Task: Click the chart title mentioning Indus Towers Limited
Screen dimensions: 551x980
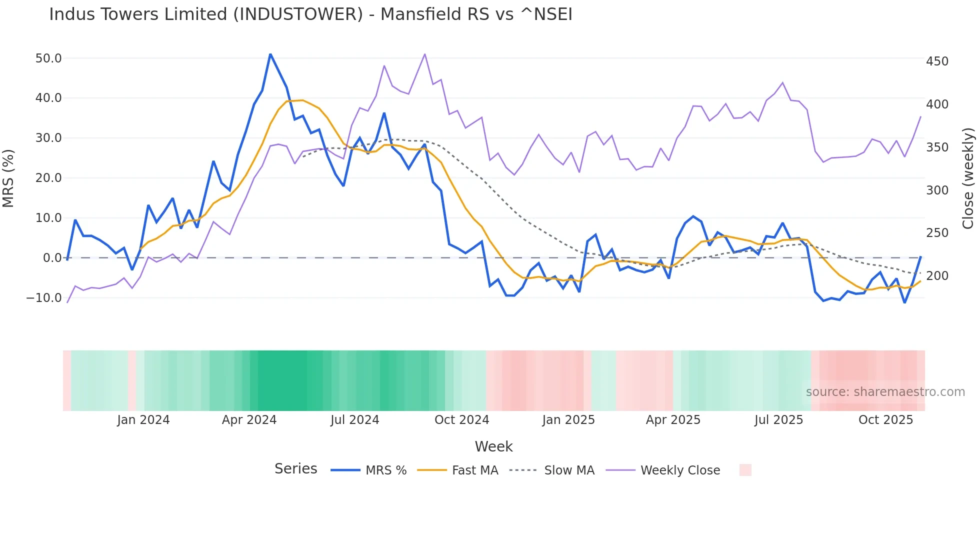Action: coord(310,14)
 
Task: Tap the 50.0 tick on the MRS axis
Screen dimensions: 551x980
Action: coord(48,58)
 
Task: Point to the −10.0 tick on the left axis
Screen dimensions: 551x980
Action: coord(44,298)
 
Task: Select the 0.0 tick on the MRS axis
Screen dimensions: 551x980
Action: coord(52,258)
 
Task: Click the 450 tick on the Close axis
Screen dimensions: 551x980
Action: coord(937,61)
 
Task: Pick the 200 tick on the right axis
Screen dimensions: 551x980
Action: coord(937,276)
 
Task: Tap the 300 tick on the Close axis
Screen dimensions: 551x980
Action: coord(937,190)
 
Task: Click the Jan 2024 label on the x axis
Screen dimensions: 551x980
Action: coord(143,420)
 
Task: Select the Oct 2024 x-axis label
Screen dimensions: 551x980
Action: coord(461,420)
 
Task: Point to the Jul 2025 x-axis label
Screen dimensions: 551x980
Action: coord(778,420)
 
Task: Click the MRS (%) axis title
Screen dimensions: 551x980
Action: coord(8,178)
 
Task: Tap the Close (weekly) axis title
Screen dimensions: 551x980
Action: coord(968,178)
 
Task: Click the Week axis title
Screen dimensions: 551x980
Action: coord(493,446)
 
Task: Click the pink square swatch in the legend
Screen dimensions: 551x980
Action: coord(745,470)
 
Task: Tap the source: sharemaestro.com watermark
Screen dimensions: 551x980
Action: coord(885,392)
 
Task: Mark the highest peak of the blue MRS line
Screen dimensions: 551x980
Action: coord(270,54)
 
